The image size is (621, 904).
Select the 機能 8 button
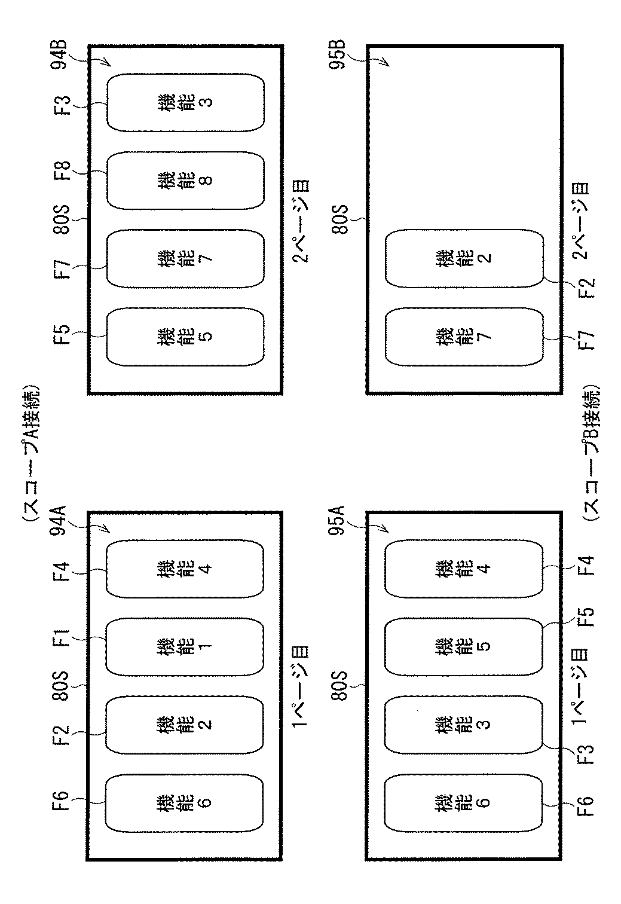coord(185,180)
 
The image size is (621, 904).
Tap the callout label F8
coord(64,172)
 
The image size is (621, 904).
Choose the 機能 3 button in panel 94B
coord(185,102)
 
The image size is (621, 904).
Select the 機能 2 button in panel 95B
coord(464,258)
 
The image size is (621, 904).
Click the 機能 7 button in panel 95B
coord(464,335)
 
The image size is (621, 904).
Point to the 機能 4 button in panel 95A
coord(464,569)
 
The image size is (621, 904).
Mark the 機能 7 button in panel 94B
coord(185,258)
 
